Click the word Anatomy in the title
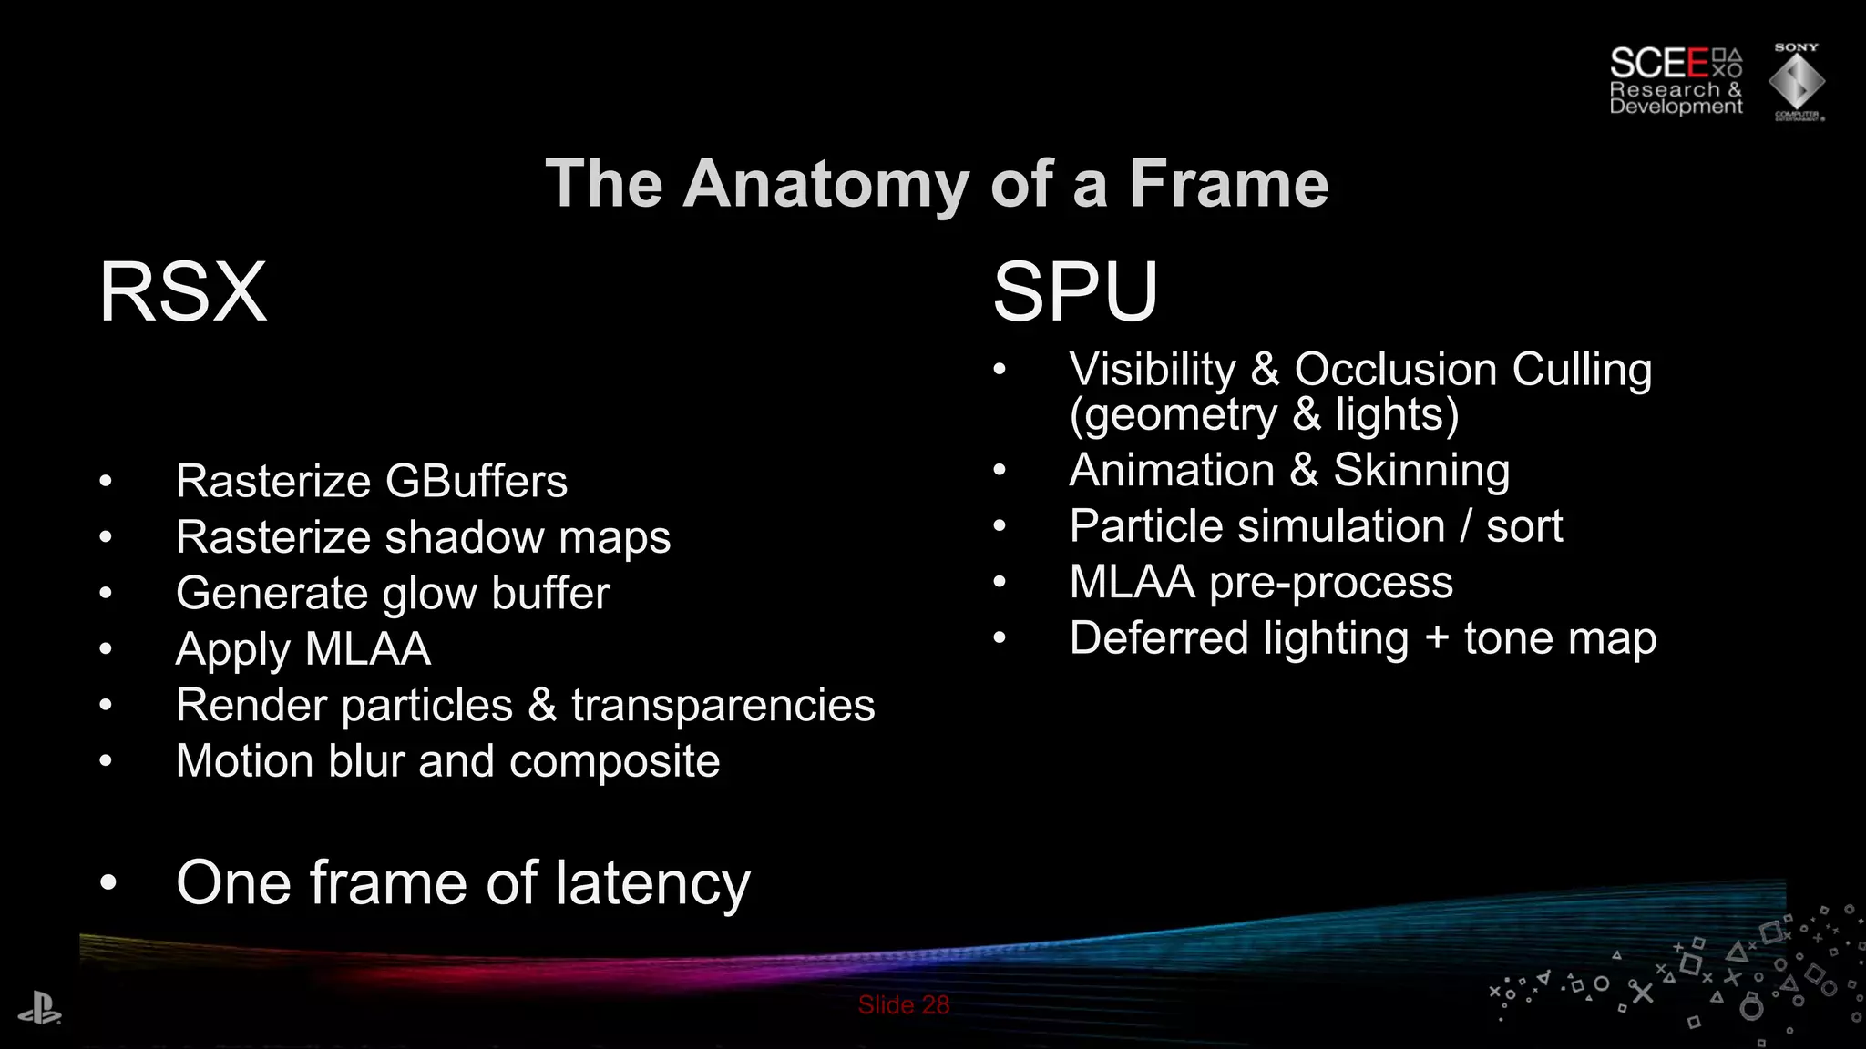(827, 185)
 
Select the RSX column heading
(183, 292)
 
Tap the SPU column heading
(1075, 292)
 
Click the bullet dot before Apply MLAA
(107, 649)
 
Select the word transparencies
(723, 706)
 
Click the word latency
(652, 883)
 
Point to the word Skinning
(1421, 471)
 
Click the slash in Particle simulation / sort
(1465, 526)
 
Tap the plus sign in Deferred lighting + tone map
(1437, 638)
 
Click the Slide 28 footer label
(904, 1005)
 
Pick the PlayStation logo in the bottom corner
(39, 1009)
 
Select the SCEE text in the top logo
(1658, 64)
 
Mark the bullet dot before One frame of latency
(108, 883)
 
